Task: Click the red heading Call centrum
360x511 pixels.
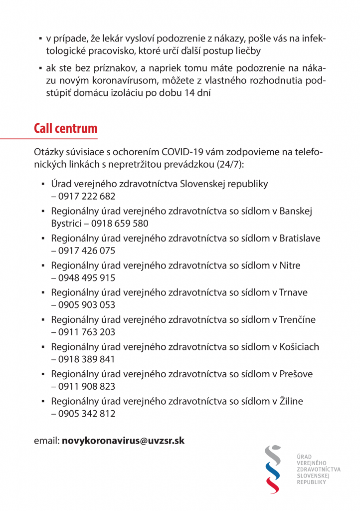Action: pyautogui.click(x=65, y=128)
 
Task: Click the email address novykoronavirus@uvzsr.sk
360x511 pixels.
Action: pyautogui.click(x=123, y=441)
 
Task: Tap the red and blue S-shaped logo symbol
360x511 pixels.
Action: pyautogui.click(x=272, y=469)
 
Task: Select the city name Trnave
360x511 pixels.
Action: pyautogui.click(x=294, y=292)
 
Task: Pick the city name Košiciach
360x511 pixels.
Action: pyautogui.click(x=299, y=347)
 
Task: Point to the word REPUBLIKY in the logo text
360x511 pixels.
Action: pyautogui.click(x=311, y=483)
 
